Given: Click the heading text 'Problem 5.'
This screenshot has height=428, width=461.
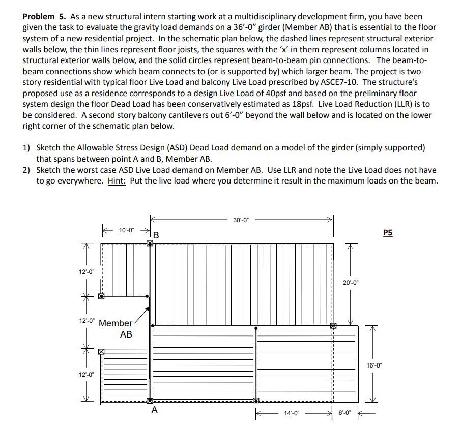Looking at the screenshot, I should click(x=43, y=17).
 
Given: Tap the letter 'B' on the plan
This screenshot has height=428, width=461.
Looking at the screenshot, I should click(x=156, y=236).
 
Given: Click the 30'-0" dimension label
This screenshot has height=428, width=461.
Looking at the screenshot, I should click(x=240, y=220).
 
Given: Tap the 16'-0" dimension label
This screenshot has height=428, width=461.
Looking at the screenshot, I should click(x=373, y=364).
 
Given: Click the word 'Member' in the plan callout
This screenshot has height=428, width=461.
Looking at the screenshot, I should click(x=115, y=323).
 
